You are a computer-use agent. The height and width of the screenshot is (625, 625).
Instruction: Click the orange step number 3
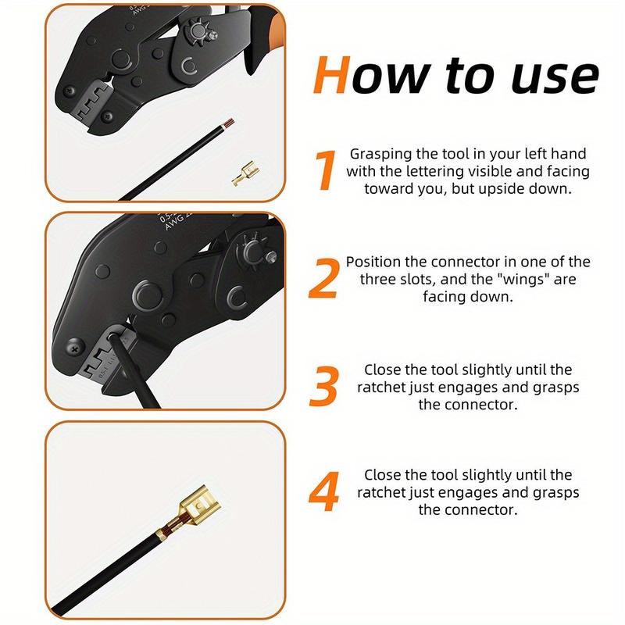tap(323, 387)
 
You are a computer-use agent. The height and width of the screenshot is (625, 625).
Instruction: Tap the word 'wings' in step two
tap(523, 279)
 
